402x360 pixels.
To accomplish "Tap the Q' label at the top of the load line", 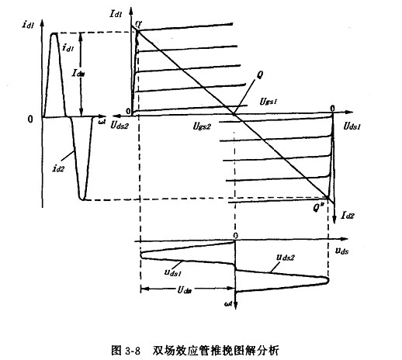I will tap(139, 25).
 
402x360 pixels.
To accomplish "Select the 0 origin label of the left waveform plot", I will tap(29, 119).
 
